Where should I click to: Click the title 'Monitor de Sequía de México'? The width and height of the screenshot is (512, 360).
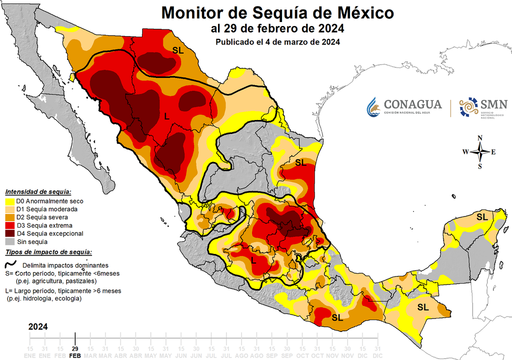coord(278,12)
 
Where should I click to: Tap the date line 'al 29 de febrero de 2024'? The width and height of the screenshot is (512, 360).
coord(278,28)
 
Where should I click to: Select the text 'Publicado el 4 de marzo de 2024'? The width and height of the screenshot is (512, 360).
coord(278,42)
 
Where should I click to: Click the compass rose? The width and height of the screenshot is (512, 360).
coord(479,152)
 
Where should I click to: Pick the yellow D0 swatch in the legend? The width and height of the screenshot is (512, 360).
coord(9,201)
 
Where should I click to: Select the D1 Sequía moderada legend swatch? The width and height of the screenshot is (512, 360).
coord(9,209)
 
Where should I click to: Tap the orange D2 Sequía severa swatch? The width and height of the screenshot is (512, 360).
coord(9,217)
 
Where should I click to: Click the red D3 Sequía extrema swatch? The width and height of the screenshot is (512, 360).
coord(9,225)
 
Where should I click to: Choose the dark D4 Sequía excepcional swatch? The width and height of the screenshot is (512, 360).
coord(9,233)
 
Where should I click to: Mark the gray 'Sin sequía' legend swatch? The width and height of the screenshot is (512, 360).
coord(9,241)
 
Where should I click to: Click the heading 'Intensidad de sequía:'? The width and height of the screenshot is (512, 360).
coord(38,192)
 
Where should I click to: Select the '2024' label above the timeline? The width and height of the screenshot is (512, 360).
coord(38,326)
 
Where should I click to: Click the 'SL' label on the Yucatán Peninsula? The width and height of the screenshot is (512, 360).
coord(482,217)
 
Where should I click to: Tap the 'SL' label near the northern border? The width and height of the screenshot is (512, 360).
coord(178,50)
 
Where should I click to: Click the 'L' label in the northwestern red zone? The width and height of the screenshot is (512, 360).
coord(166,116)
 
